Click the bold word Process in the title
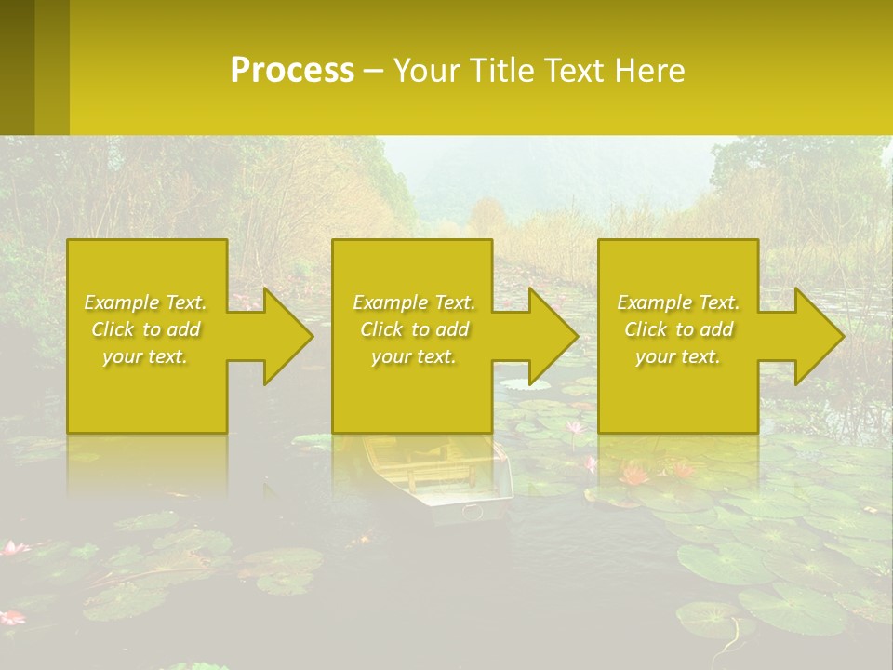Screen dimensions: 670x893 click(x=292, y=71)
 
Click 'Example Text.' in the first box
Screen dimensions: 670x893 click(x=146, y=302)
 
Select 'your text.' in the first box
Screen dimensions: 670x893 click(x=146, y=356)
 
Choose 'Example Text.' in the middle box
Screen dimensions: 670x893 click(x=414, y=302)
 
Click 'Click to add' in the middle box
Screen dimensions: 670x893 click(x=414, y=329)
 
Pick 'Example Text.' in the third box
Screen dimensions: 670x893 click(x=678, y=302)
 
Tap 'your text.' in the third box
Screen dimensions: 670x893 click(x=678, y=356)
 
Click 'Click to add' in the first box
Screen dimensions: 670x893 click(x=146, y=329)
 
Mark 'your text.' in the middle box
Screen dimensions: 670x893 click(x=414, y=356)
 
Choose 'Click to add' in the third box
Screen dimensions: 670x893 click(x=678, y=329)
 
